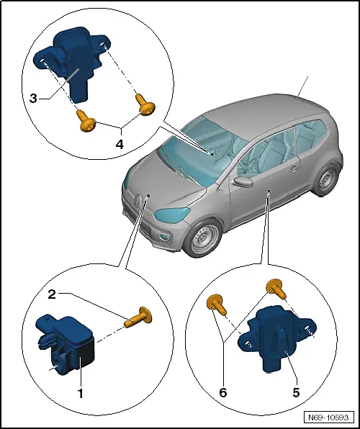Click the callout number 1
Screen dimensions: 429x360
[x=81, y=393]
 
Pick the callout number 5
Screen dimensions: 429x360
[x=296, y=393]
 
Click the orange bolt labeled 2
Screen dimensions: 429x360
[x=140, y=317]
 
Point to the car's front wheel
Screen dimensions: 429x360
[x=201, y=240]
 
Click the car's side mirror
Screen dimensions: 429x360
[x=245, y=181]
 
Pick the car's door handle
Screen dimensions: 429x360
[x=294, y=169]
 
